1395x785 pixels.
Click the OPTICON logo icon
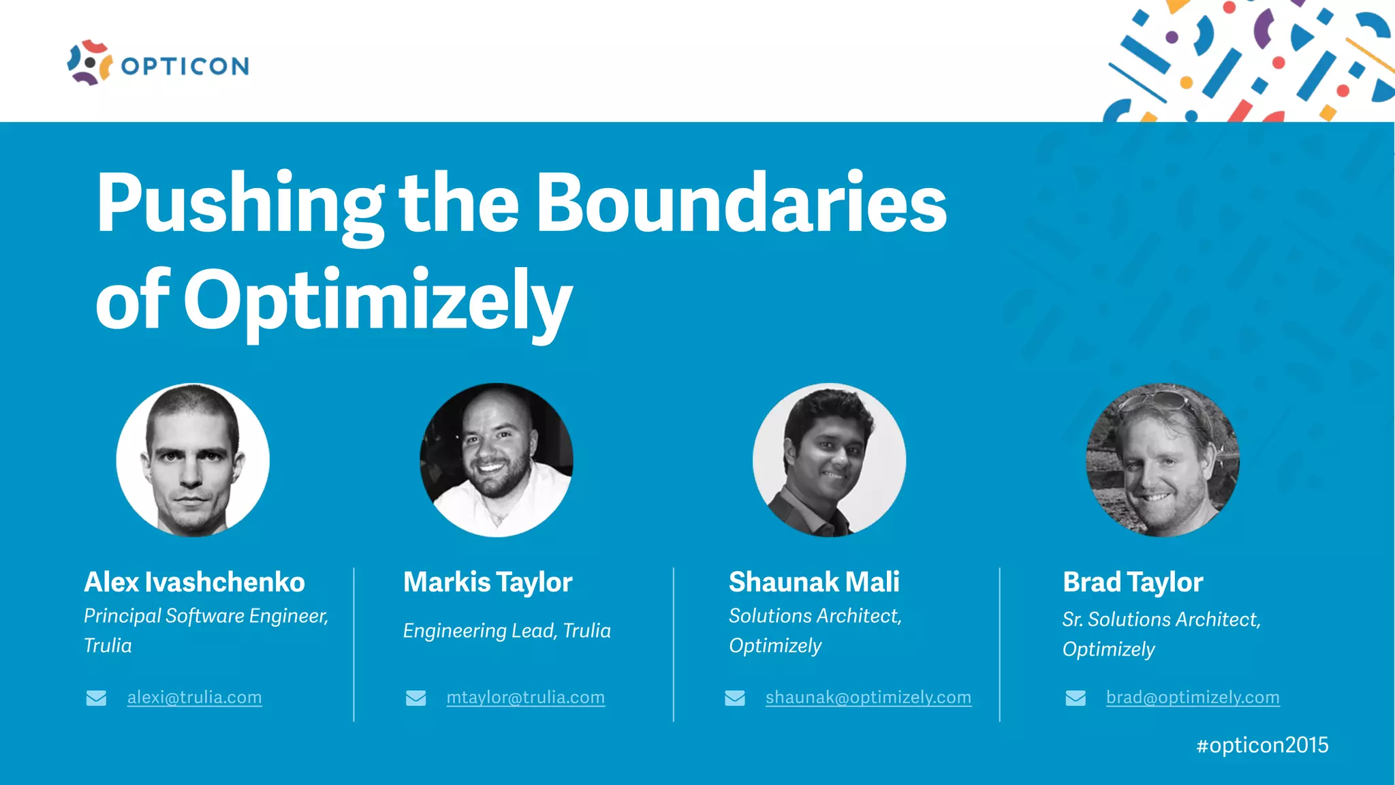click(89, 63)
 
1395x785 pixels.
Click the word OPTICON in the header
click(185, 66)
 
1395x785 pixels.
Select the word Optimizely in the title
click(377, 301)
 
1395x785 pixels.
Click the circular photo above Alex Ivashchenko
click(193, 460)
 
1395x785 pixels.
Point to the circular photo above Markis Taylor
click(497, 460)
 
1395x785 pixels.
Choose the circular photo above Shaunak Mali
click(829, 460)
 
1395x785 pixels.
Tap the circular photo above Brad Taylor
click(1162, 460)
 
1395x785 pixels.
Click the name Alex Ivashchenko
click(194, 582)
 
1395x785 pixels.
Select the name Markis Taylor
click(488, 582)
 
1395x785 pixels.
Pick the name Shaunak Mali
click(814, 582)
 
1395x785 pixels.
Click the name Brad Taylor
click(1133, 582)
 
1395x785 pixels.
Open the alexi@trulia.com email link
click(194, 697)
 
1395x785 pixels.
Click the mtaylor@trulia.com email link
click(525, 697)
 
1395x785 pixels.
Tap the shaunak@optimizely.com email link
click(868, 697)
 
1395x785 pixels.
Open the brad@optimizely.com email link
click(1193, 697)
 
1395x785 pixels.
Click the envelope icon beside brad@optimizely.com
click(1076, 698)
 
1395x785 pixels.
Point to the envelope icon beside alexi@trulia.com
click(96, 698)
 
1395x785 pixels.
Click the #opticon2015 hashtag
click(1262, 745)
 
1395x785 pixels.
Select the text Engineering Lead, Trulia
click(507, 630)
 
